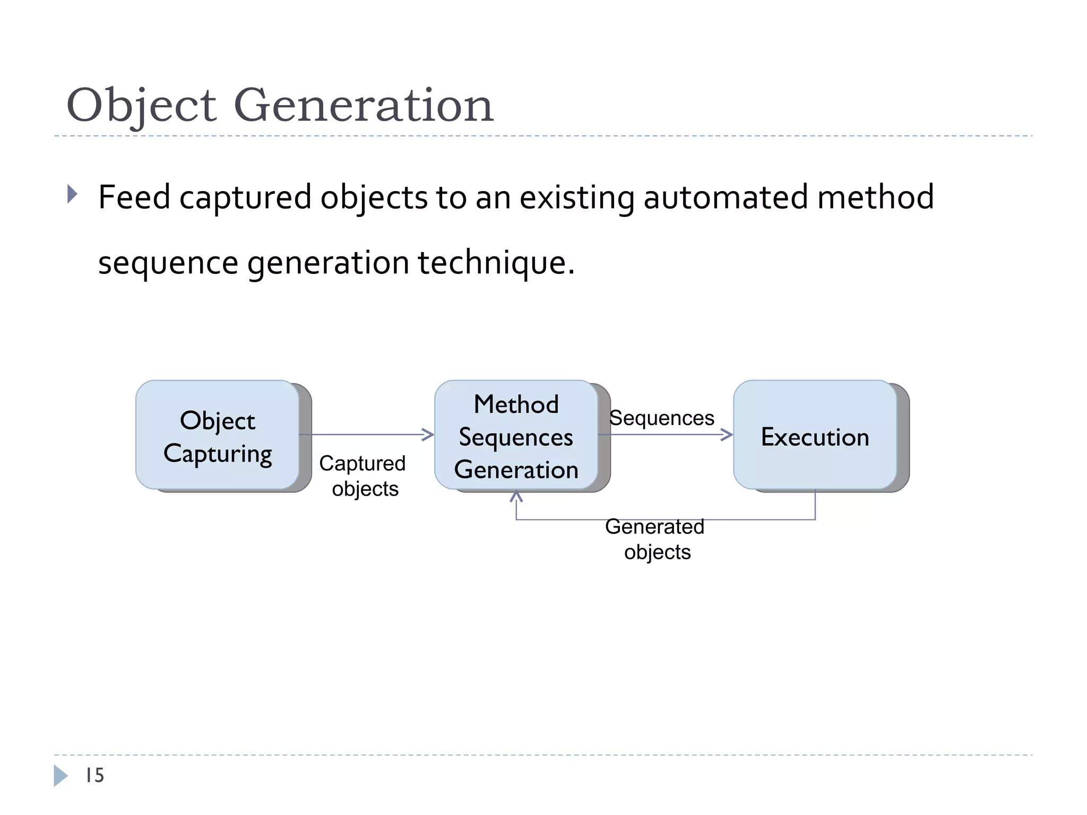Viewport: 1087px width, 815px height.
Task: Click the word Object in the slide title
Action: click(141, 106)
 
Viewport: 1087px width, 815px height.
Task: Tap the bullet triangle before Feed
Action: click(72, 194)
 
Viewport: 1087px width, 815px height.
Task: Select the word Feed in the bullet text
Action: click(134, 197)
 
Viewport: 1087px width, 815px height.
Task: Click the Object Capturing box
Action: click(218, 435)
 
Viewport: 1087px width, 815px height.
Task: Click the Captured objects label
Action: click(363, 475)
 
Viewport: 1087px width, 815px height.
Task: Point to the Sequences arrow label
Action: click(661, 418)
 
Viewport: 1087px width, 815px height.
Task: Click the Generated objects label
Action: click(655, 539)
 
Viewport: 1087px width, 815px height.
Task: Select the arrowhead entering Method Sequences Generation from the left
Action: click(428, 435)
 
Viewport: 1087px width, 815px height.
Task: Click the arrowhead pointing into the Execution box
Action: click(727, 435)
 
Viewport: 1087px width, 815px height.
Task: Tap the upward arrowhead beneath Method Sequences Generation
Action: click(516, 496)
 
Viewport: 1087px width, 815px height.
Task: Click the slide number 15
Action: click(95, 775)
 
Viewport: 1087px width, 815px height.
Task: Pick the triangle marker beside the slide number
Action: click(61, 776)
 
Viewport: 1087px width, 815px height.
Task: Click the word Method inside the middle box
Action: click(516, 404)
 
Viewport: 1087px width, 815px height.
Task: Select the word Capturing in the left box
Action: click(218, 454)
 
